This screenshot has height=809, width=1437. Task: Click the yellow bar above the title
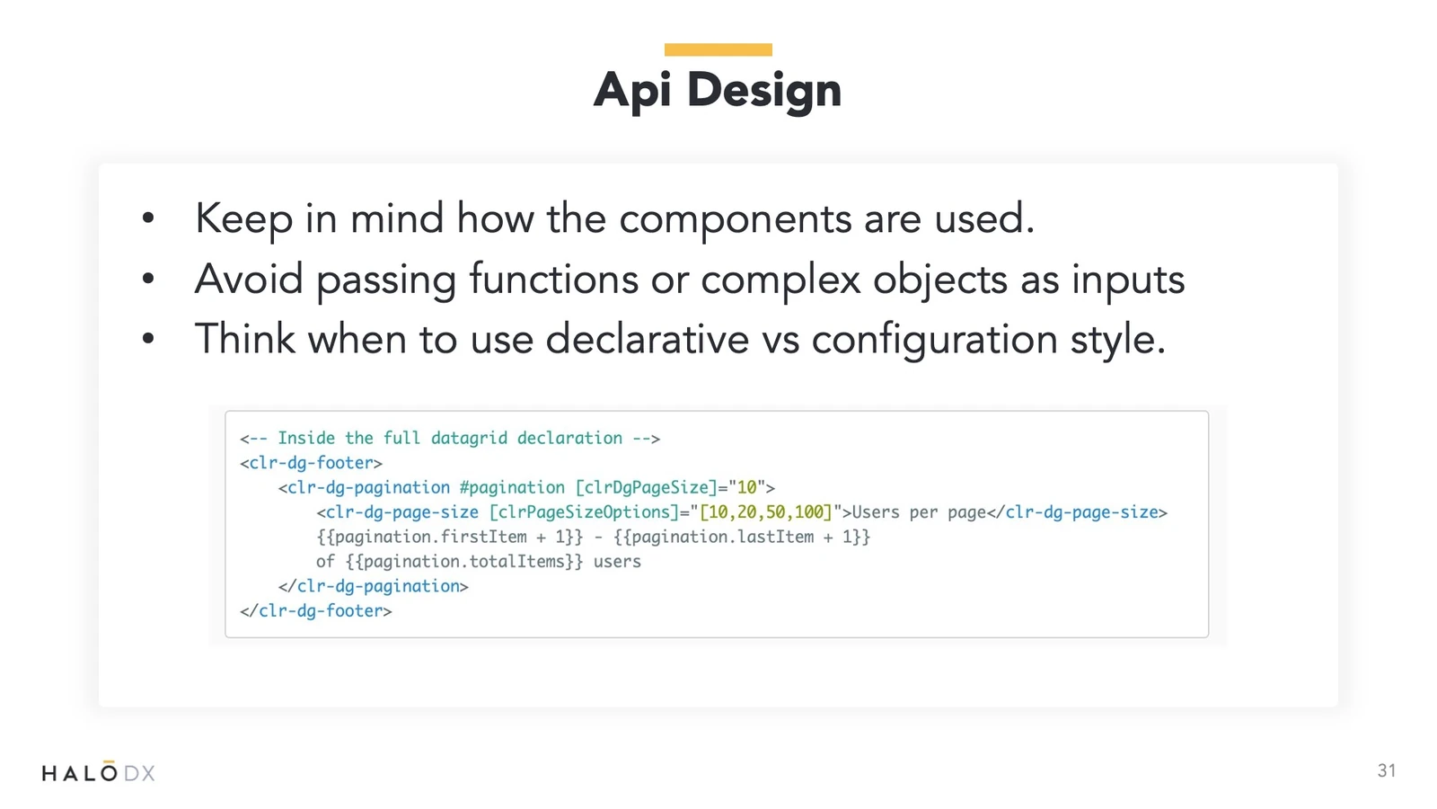click(x=718, y=49)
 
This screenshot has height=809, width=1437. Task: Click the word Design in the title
click(x=763, y=91)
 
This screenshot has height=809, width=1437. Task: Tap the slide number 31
click(x=1387, y=770)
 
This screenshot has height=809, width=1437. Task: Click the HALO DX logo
click(x=98, y=771)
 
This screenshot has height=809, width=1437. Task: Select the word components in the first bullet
click(x=736, y=219)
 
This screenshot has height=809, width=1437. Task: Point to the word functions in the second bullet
click(x=553, y=280)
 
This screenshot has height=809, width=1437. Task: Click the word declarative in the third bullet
click(x=648, y=339)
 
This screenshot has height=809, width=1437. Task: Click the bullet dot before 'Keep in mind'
click(x=148, y=218)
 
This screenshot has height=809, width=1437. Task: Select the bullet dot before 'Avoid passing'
click(x=148, y=279)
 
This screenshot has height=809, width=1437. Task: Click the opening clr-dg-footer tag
click(x=311, y=463)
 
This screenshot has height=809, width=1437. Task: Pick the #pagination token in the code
click(x=512, y=488)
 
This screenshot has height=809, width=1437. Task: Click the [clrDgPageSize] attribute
click(x=646, y=488)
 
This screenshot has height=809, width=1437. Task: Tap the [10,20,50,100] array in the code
click(x=766, y=512)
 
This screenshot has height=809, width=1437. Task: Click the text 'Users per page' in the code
click(x=919, y=512)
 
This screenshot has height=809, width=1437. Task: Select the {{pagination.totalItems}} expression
click(x=463, y=562)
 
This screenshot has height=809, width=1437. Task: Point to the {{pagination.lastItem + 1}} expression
click(x=742, y=537)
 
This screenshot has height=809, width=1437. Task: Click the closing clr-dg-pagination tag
click(x=374, y=586)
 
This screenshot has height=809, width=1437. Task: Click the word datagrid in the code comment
click(x=469, y=439)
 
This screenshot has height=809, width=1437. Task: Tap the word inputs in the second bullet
click(x=1128, y=280)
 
